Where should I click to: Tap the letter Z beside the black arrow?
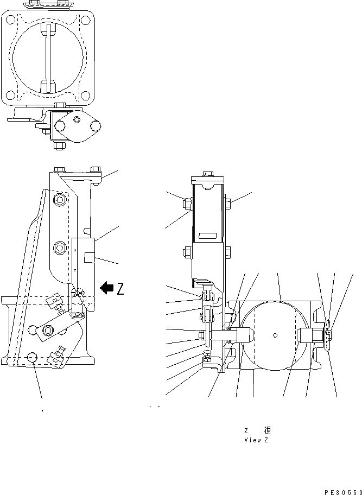(x=120, y=289)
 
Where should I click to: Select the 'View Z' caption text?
(x=256, y=440)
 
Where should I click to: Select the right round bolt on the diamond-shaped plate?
(x=96, y=126)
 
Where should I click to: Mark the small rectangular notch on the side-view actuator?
(x=90, y=256)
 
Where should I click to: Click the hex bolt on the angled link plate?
(x=48, y=329)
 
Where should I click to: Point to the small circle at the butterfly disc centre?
(x=275, y=335)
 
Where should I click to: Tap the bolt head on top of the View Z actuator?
(x=206, y=174)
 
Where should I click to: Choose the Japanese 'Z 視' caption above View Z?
(x=256, y=430)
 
